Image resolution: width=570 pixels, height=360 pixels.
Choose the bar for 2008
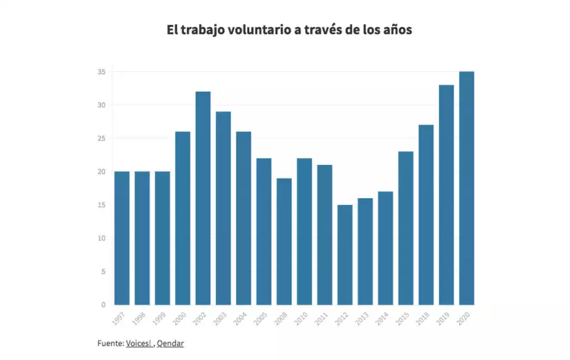coord(284,241)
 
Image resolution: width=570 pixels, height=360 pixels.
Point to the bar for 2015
coord(406,228)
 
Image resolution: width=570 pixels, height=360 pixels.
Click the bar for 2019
coord(446,195)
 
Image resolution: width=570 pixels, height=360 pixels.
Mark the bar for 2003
coord(223,208)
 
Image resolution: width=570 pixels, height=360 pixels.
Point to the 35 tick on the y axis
coord(102,72)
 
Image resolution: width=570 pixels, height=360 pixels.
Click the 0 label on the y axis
coord(104,305)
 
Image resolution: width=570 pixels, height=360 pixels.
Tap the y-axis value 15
coord(102,205)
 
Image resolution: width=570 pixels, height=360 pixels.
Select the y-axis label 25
coord(102,139)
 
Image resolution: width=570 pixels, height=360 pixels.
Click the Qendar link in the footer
coord(170,344)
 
